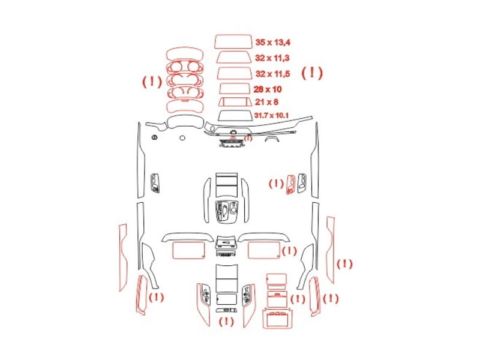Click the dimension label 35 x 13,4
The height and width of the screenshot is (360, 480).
273,42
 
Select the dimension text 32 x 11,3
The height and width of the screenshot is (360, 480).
272,58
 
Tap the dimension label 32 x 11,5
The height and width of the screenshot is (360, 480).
273,74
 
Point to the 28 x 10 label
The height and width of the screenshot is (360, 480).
268,89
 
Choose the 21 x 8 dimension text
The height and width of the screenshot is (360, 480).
266,102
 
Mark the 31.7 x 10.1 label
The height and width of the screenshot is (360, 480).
271,115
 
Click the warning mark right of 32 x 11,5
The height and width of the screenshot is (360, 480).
312,73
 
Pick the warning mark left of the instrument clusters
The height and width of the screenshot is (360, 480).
152,82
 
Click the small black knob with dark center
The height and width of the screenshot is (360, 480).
154,137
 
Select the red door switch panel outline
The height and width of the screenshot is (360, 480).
291,185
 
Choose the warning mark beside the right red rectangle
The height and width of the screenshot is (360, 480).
289,251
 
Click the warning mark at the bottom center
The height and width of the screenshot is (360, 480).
227,322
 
